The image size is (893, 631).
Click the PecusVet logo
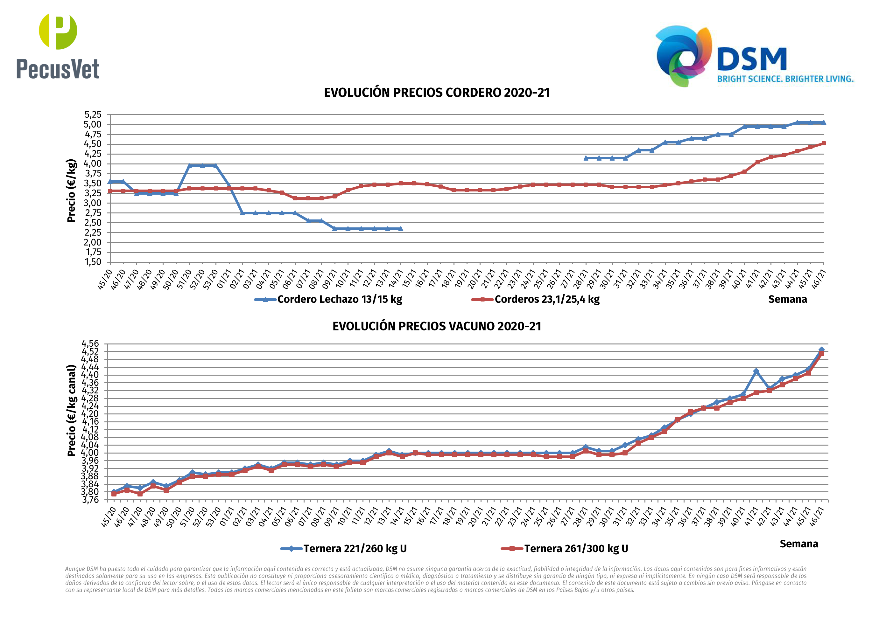58,47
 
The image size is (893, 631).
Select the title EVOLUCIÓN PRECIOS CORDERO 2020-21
437,93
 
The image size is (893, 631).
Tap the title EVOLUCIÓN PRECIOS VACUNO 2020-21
437,326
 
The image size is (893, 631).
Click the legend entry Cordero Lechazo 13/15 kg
339,299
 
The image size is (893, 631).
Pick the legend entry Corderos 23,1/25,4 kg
546,299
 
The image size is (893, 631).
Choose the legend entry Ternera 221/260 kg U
355,549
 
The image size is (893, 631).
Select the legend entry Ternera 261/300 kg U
576,549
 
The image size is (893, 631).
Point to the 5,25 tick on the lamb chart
93,115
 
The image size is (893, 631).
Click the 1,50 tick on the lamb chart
93,262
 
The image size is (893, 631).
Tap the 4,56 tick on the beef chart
90,344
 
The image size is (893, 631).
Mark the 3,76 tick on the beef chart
90,500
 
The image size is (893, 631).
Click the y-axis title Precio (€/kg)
71,191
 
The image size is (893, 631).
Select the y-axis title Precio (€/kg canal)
71,411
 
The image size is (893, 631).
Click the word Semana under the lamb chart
787,299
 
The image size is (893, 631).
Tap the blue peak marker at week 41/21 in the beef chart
756,371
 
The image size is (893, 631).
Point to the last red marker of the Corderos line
823,143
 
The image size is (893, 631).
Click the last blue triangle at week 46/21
823,122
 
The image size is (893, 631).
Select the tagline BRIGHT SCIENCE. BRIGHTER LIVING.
785,79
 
